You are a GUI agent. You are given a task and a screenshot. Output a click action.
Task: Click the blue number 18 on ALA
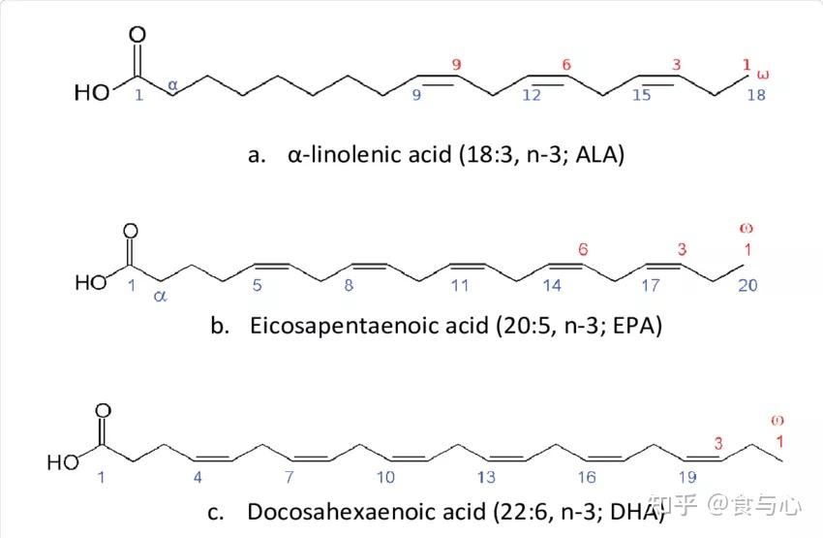tap(756, 95)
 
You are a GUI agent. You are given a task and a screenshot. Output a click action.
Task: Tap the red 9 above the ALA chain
tap(456, 65)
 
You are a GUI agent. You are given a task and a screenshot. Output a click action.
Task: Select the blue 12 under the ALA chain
tap(532, 95)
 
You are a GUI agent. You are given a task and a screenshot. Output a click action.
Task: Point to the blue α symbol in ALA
tap(172, 84)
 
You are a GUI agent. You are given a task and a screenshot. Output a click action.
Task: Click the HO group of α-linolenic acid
tap(92, 92)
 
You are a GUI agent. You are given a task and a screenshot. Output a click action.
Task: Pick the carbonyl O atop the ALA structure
tap(137, 35)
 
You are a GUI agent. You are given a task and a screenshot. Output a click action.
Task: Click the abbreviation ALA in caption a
tap(597, 154)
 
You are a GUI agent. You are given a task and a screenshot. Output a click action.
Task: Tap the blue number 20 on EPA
tap(747, 285)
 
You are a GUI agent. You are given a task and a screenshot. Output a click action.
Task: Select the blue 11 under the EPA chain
tap(460, 285)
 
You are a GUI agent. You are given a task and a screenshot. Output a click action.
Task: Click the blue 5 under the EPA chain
tap(257, 285)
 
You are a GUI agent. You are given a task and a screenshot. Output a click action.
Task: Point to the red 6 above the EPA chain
tap(583, 249)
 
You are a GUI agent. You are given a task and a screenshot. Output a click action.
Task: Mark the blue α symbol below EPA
tap(160, 297)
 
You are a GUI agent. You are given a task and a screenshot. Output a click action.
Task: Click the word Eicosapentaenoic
tap(370, 326)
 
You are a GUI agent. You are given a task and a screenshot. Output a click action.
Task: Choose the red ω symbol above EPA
tap(746, 228)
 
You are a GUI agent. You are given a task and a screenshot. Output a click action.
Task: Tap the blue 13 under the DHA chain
tap(486, 477)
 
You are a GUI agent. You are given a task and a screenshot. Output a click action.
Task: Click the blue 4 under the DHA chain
tap(198, 477)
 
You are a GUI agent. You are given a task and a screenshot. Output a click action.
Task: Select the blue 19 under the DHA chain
tap(687, 477)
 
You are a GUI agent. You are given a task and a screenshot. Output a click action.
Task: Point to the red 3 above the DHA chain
tap(718, 443)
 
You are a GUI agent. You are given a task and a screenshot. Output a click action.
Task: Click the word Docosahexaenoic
tap(366, 512)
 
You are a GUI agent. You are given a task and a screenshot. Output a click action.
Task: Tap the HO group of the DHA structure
tap(63, 462)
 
